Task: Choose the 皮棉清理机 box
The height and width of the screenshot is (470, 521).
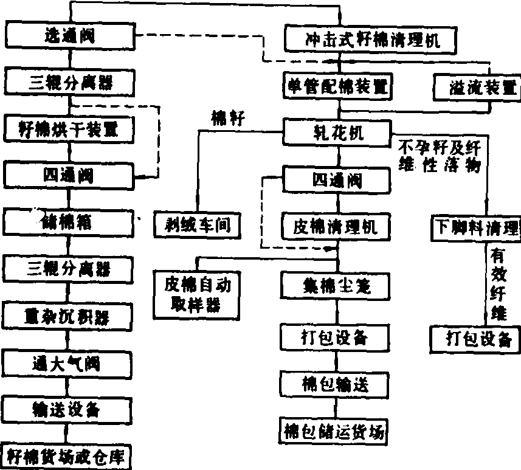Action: pyautogui.click(x=336, y=226)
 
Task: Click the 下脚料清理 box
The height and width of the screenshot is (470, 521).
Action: pyautogui.click(x=476, y=227)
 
